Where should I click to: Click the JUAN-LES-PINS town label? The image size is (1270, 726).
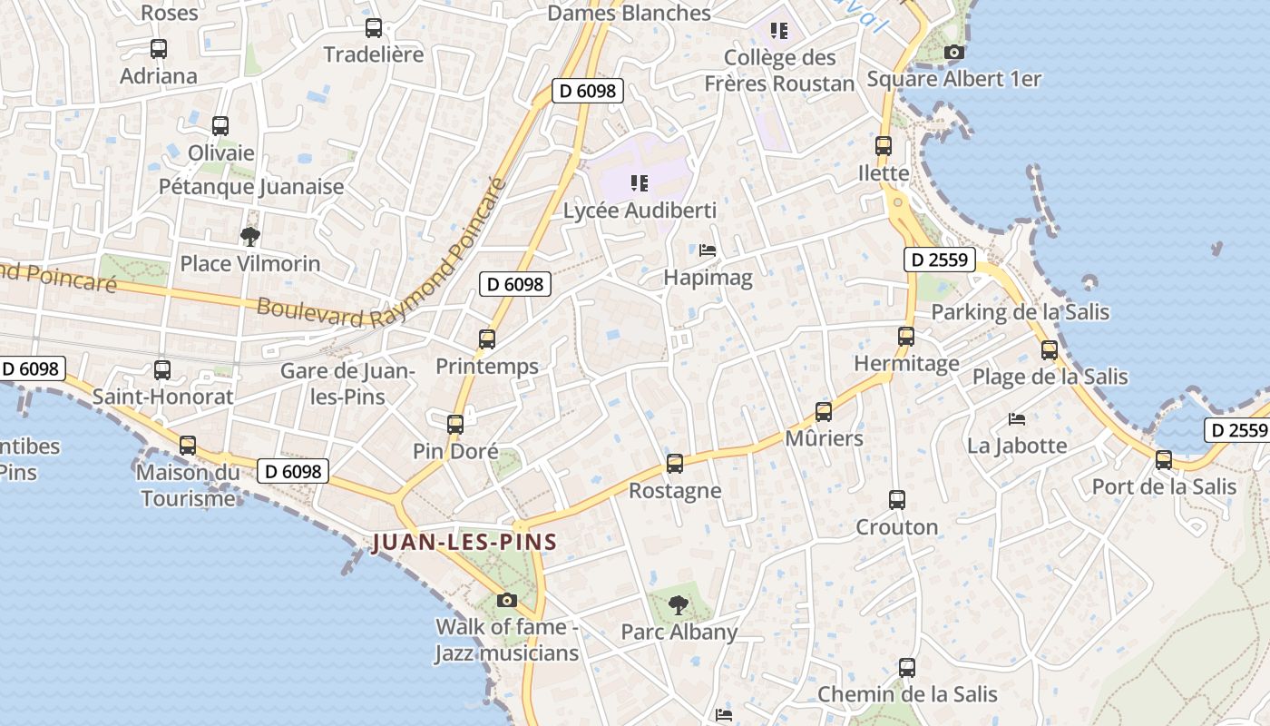464,543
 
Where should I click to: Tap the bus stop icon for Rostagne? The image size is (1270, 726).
675,464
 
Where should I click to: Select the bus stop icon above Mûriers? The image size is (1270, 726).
824,412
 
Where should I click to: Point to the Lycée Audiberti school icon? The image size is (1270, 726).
640,183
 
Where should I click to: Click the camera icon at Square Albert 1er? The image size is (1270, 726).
953,53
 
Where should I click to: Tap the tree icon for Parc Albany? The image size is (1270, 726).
678,604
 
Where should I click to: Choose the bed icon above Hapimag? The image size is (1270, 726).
708,250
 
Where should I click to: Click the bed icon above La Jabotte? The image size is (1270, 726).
1017,419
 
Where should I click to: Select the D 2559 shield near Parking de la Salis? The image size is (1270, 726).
940,260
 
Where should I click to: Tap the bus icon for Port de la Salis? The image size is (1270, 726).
1164,460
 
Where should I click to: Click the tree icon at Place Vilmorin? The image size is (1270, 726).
250,237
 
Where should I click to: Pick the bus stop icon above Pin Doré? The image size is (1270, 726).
455,424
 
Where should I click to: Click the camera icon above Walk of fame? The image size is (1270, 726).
507,600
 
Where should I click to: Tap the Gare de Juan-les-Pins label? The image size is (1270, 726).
347,383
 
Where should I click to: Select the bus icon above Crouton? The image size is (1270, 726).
897,500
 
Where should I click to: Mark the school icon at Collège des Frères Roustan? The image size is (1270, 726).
779,32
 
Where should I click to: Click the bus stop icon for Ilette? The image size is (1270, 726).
884,145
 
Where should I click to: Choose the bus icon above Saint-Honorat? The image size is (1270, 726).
162,370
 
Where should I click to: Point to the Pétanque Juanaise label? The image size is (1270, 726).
251,187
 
